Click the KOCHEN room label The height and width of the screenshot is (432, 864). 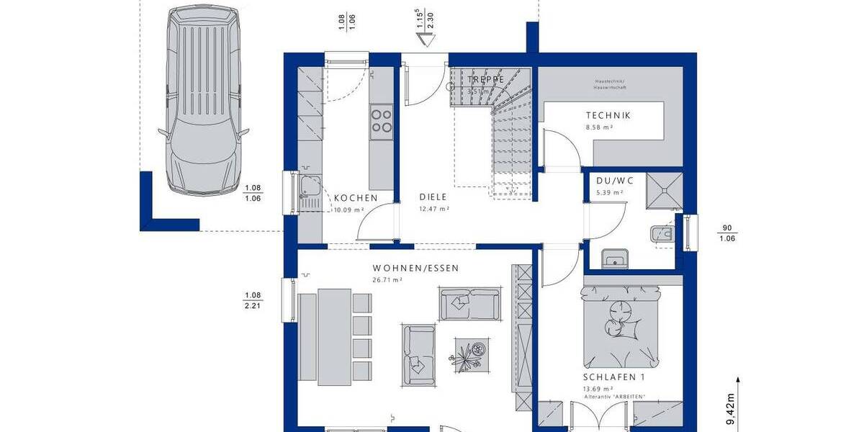coord(356,197)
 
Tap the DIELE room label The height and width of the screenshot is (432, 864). coord(433,197)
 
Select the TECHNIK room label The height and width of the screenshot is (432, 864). coord(608,115)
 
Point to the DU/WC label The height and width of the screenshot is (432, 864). coord(608,182)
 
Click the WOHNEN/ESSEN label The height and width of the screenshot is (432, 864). coord(415,268)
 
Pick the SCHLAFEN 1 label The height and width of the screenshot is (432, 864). coord(614,377)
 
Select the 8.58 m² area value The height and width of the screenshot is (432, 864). coord(599,127)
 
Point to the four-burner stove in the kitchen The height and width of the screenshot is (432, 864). coord(381,120)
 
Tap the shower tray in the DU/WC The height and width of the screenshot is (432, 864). coord(662,190)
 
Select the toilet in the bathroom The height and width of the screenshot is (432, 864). coord(662,233)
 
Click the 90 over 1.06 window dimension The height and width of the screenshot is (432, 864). coord(727,233)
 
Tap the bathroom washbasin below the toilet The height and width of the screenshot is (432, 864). coord(613,258)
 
